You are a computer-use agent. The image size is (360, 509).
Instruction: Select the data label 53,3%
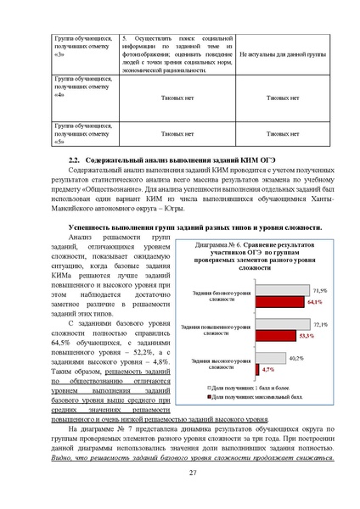click(307, 337)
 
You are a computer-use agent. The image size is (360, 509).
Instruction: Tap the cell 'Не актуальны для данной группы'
click(280, 53)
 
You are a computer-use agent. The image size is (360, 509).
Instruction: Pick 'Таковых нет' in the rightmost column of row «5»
click(280, 133)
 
